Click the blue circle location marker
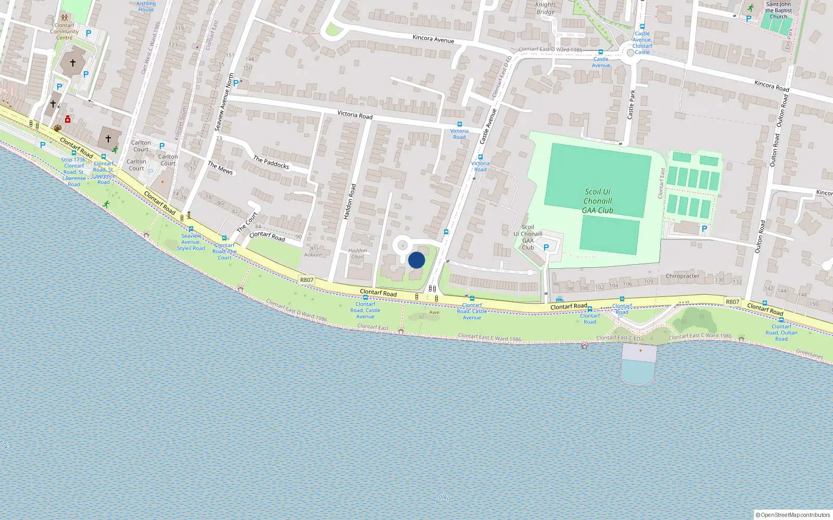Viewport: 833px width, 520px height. pos(416,260)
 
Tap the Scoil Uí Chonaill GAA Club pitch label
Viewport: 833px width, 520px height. pos(598,201)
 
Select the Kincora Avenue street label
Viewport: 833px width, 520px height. pos(433,39)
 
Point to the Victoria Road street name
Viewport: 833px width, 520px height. pos(355,114)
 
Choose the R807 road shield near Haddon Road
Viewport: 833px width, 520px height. pos(307,280)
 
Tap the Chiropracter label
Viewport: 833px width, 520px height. pos(682,276)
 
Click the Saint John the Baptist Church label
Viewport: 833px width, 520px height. pos(778,10)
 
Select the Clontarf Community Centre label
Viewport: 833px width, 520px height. pos(65,31)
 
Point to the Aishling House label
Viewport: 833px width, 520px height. pos(146,6)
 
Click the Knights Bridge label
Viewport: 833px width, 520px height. pos(545,8)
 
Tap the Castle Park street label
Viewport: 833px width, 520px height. pos(631,105)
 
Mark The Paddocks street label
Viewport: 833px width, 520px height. pos(271,162)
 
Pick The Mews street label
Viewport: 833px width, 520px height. pos(220,168)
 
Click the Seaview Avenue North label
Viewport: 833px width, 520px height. pos(225,102)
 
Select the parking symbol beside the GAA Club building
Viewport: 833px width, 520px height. pos(546,248)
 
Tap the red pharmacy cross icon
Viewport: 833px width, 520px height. pos(68,120)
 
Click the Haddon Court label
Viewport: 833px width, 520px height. pos(358,253)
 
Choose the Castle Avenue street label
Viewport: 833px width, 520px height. pos(488,126)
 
